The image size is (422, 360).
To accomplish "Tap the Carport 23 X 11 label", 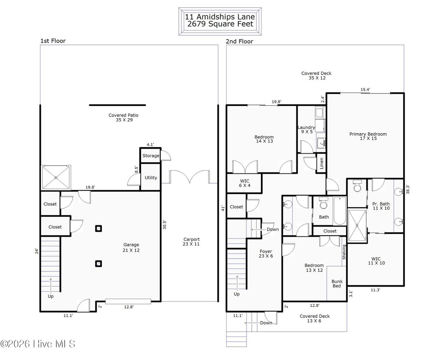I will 191,242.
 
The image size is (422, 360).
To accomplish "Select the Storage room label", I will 151,156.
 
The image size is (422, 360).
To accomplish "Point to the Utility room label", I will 150,178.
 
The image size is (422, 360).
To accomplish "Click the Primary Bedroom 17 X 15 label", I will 368,136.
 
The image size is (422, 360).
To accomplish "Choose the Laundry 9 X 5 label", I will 306,130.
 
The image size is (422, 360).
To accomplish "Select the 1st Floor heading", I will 53,41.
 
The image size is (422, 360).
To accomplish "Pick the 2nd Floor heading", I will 239,41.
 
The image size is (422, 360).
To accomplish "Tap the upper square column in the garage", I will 98,228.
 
